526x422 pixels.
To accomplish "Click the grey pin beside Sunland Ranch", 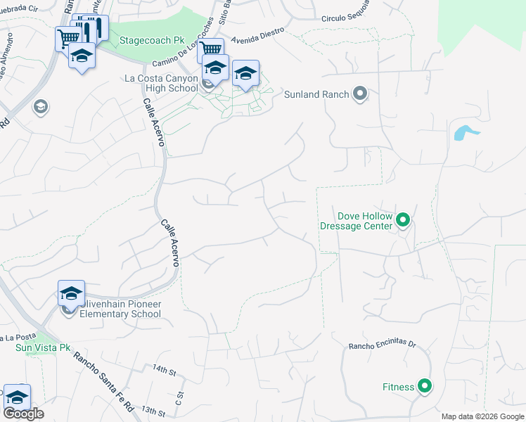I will (360, 94).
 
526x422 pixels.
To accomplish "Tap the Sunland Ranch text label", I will (316, 94).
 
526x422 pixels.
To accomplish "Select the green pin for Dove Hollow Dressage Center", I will (403, 221).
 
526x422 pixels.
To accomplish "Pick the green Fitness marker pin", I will (425, 386).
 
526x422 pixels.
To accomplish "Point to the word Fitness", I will (398, 387).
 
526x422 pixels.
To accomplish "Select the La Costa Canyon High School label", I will (162, 83).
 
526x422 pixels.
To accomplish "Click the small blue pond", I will (466, 132).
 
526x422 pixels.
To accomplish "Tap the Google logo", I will (23, 414).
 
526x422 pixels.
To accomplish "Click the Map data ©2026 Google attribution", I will (482, 416).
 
